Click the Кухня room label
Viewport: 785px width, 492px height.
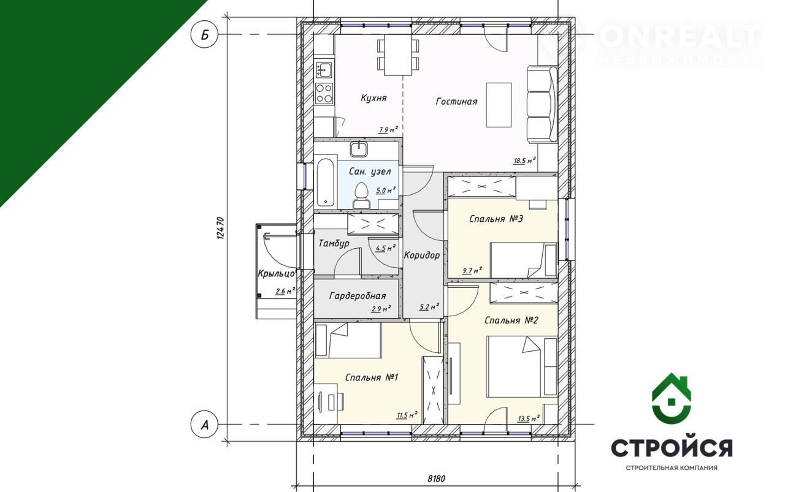click(x=373, y=97)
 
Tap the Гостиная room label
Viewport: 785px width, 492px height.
click(x=456, y=101)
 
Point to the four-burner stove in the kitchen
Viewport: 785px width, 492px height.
click(x=324, y=94)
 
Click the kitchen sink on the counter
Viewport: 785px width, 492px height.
click(x=324, y=69)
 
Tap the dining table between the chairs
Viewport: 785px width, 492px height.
click(x=398, y=55)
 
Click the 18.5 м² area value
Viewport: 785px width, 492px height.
click(x=524, y=161)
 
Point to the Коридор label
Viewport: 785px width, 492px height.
click(x=421, y=255)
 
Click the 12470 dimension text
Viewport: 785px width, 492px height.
click(x=220, y=229)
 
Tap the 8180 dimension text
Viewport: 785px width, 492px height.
click(x=436, y=479)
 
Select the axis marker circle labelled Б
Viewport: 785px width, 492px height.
click(x=205, y=34)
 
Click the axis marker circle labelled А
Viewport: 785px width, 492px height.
click(x=205, y=425)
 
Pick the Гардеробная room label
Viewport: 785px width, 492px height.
click(x=358, y=297)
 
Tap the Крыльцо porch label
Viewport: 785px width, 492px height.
click(x=277, y=273)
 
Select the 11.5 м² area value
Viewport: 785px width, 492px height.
click(x=407, y=415)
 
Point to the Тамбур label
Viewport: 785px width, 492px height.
click(x=334, y=243)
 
